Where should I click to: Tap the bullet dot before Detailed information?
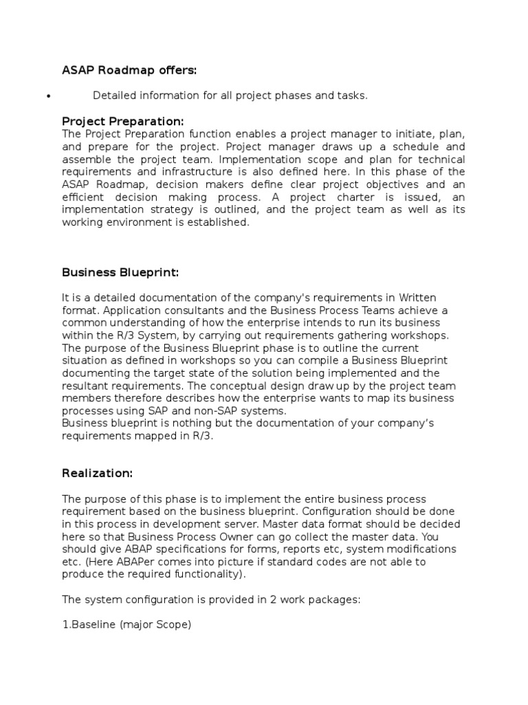[47, 97]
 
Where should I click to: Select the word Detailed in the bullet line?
[113, 96]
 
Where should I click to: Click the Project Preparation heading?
[123, 122]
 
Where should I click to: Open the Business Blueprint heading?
[120, 272]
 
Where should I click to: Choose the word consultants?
[154, 310]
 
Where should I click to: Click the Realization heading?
[96, 473]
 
